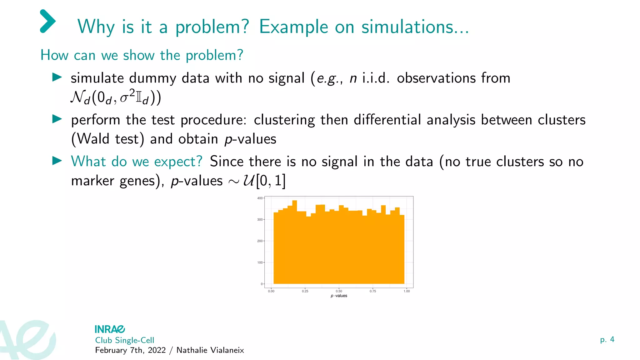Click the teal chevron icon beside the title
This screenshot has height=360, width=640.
coord(48,21)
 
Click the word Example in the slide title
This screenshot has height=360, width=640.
coord(293,27)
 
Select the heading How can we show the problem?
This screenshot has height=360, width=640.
coord(142,55)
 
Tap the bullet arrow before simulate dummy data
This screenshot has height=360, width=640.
coord(57,77)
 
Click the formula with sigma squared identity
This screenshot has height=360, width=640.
coord(116,97)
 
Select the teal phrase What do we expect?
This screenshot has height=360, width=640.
coord(137,162)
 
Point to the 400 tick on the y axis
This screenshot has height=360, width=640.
coord(260,198)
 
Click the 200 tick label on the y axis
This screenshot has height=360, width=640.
coord(260,241)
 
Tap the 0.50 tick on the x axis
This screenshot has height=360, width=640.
coord(339,291)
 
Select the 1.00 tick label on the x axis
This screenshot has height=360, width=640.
coord(406,291)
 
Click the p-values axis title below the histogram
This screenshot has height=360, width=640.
coord(339,296)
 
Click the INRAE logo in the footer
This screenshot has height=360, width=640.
coord(110,329)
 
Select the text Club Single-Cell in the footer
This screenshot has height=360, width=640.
coord(124,340)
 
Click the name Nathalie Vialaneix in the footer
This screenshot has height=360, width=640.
coord(210,350)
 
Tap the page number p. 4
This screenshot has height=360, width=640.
coord(607,340)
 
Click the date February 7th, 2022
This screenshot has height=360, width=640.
coord(130,350)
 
